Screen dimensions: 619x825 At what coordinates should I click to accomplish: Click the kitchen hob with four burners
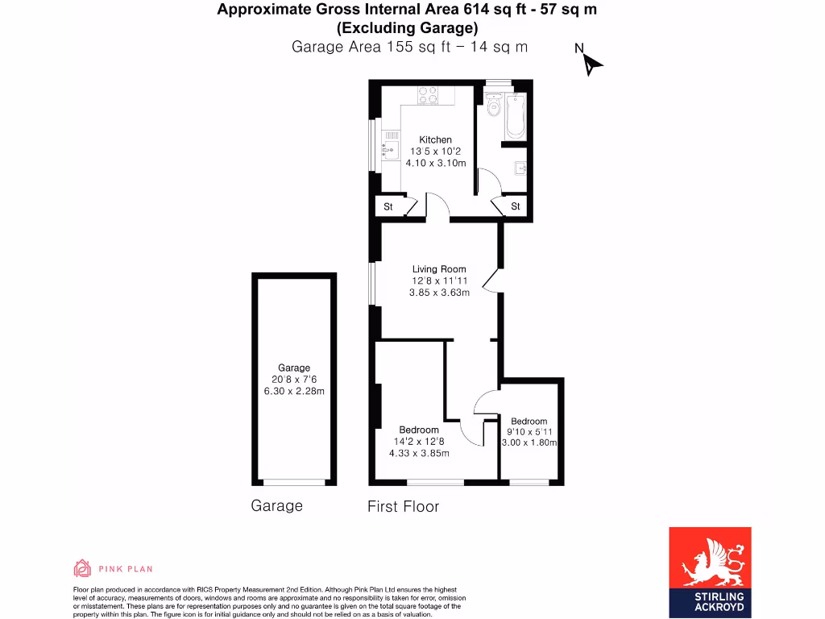427,96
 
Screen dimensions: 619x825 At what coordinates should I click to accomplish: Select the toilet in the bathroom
493,108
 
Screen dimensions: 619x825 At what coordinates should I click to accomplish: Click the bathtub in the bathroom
516,116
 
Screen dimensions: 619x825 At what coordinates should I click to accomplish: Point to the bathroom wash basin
521,168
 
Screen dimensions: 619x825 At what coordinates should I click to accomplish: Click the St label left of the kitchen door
388,207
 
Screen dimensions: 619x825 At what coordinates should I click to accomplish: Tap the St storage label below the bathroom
516,207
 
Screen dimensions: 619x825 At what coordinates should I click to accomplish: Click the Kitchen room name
435,139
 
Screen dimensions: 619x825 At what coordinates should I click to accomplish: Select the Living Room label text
439,269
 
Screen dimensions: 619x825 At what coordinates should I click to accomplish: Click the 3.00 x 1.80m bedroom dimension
529,442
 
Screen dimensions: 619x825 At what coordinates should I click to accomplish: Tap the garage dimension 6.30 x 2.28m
294,392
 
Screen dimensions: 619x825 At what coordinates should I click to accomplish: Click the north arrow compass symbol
592,64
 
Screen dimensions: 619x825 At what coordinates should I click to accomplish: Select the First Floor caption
403,506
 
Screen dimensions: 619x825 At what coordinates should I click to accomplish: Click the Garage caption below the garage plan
276,506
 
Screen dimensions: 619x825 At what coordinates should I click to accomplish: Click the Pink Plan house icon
82,568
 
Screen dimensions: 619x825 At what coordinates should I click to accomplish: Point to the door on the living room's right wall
491,280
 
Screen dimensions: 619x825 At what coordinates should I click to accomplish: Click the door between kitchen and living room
437,205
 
